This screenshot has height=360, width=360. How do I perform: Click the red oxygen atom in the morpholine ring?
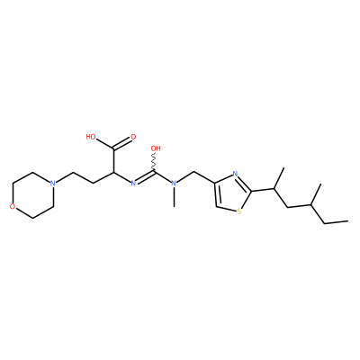click(x=12, y=206)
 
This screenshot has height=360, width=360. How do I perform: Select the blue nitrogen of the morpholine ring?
click(x=53, y=183)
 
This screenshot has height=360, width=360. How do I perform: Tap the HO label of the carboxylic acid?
click(x=91, y=137)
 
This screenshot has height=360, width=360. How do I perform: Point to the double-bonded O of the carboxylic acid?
click(x=133, y=137)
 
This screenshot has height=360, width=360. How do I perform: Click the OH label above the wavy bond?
click(x=156, y=148)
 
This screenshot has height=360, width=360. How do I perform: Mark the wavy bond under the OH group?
click(x=155, y=162)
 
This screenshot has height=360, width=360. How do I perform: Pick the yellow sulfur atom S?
click(x=239, y=211)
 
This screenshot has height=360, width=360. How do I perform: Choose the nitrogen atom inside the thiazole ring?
click(x=235, y=174)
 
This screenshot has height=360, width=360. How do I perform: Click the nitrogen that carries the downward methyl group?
click(x=174, y=183)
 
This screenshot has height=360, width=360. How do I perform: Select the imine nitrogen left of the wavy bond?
click(x=133, y=183)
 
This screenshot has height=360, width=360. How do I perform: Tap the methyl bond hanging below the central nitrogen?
click(x=174, y=196)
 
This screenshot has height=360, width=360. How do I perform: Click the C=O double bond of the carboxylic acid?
click(x=122, y=143)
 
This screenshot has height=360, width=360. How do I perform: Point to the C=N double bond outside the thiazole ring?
click(x=145, y=176)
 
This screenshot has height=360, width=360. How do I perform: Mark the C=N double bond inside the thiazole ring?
click(x=244, y=183)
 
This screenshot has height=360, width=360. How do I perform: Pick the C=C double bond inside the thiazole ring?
click(x=217, y=194)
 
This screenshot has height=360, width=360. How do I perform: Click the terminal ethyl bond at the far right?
click(x=337, y=222)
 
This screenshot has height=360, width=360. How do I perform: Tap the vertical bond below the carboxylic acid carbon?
click(x=113, y=160)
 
